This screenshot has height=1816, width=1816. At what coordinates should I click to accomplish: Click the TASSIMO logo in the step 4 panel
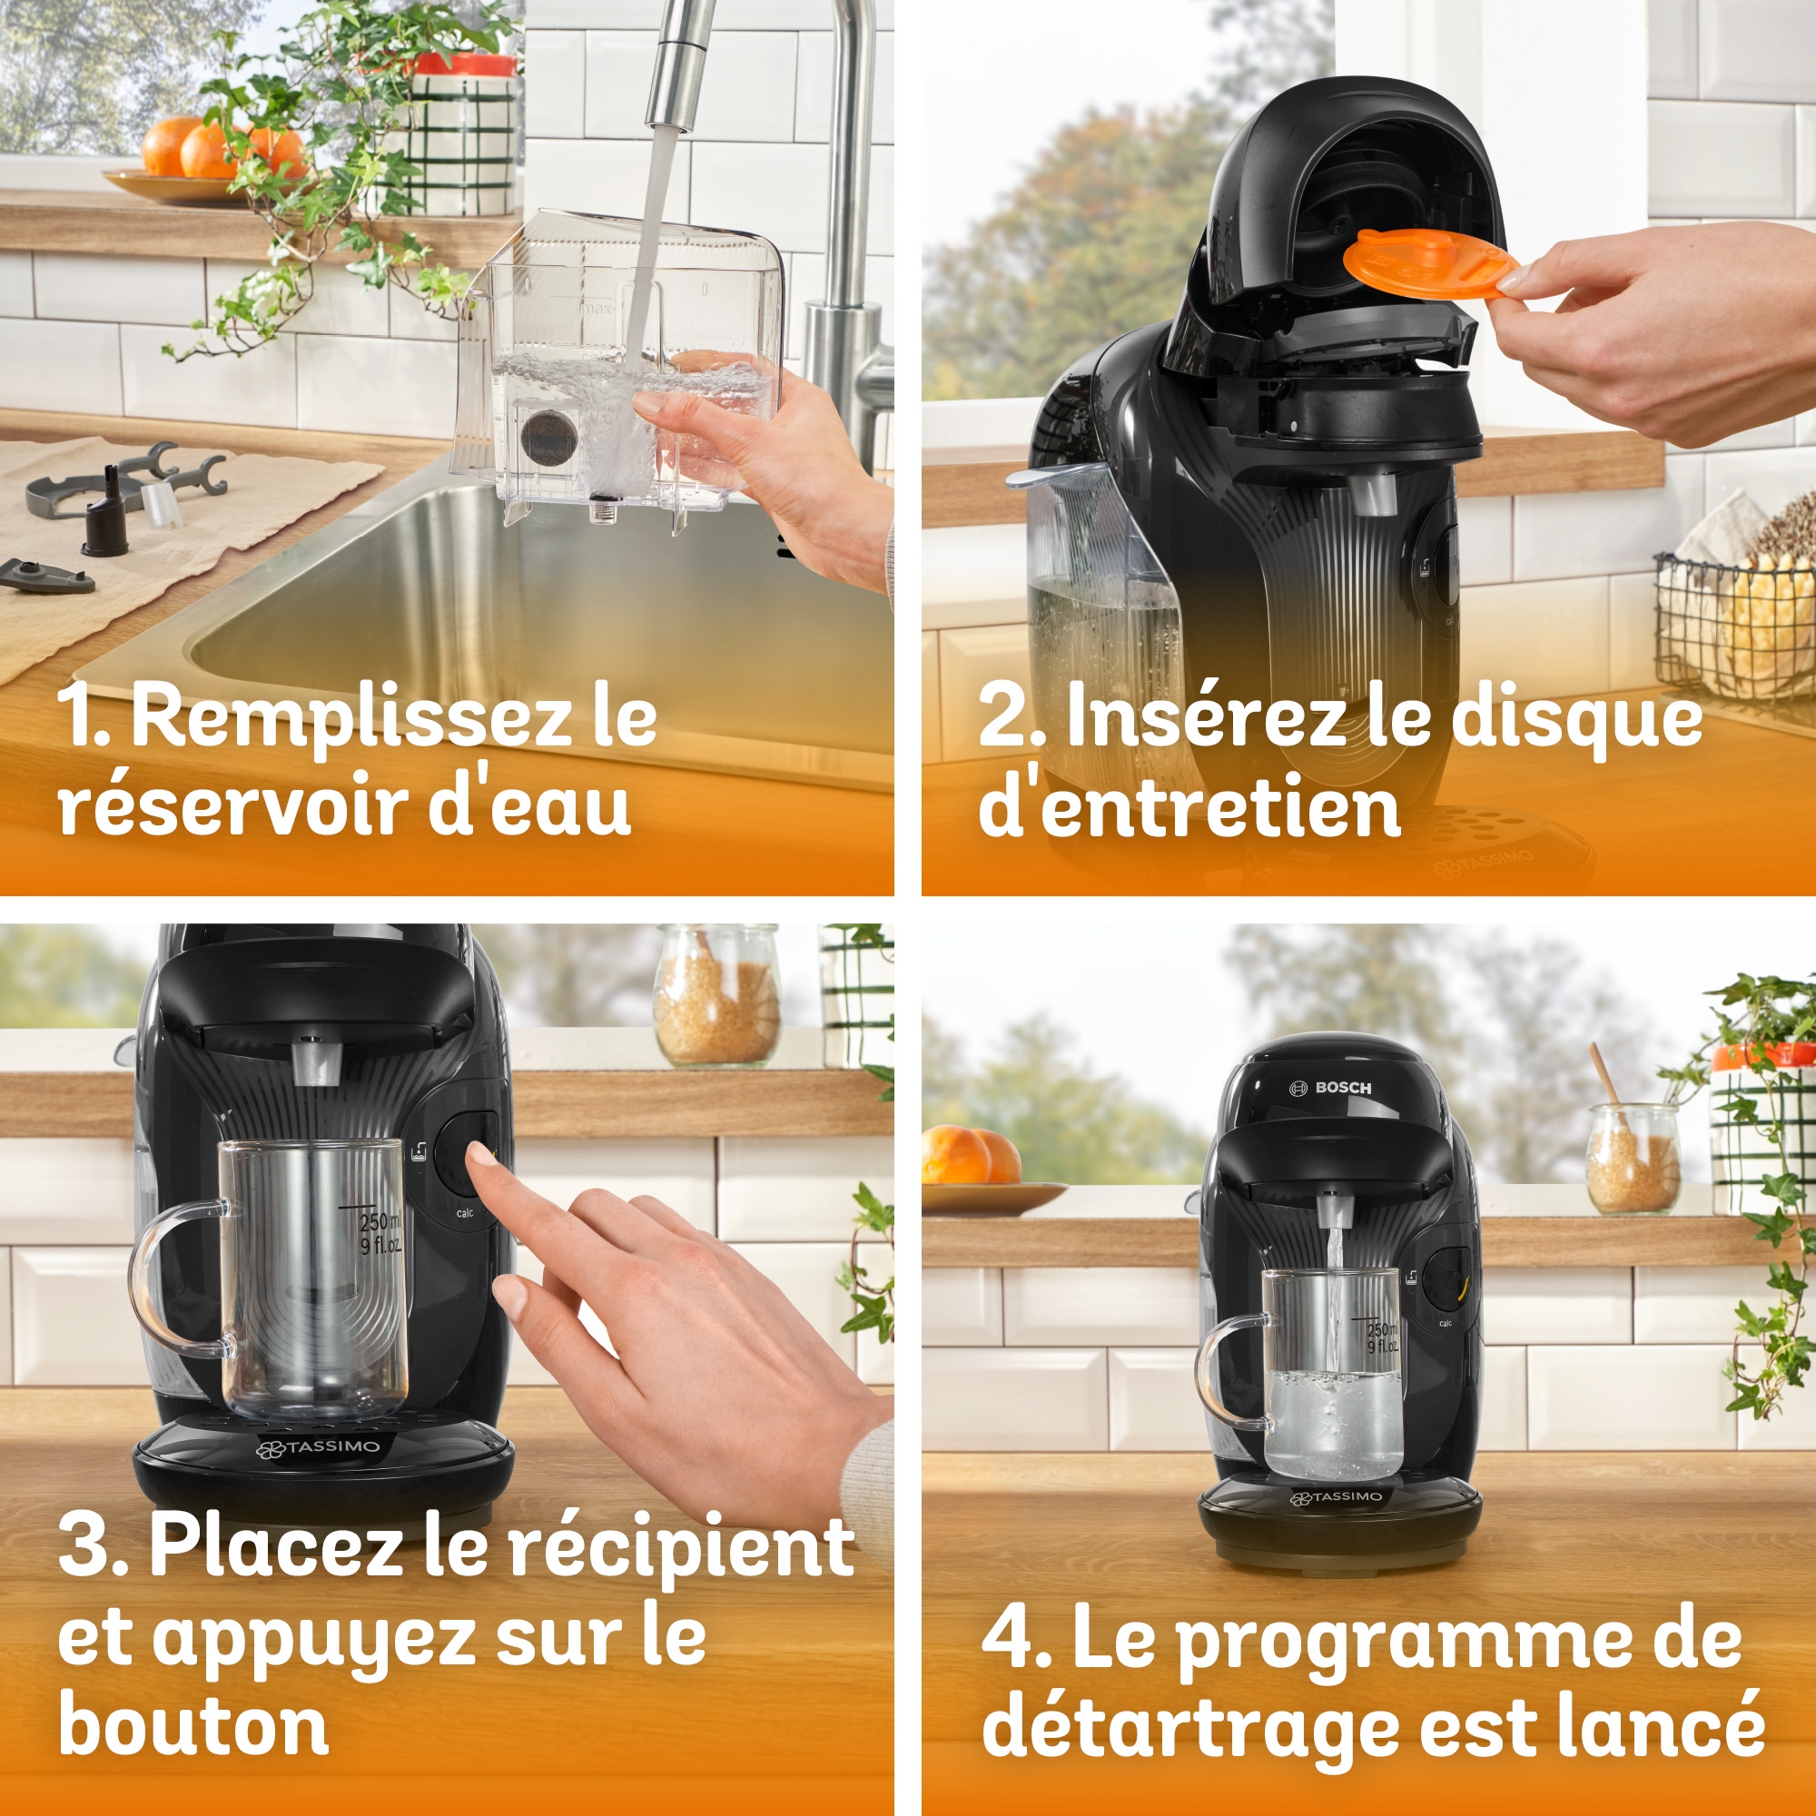pos(1336,1496)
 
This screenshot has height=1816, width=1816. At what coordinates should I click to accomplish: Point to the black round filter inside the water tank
pos(548,435)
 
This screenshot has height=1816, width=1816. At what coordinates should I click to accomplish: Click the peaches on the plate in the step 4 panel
pos(970,1155)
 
